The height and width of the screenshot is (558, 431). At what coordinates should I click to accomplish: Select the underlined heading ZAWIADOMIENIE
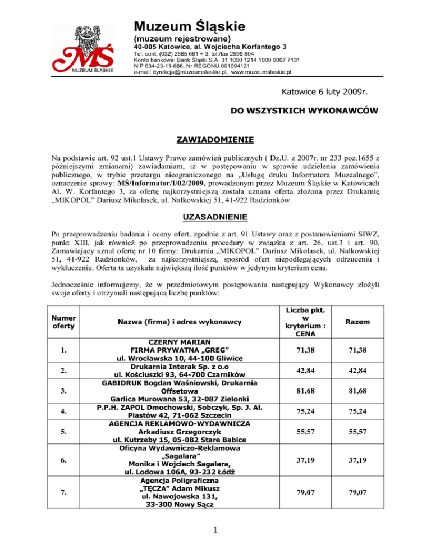[x=215, y=139]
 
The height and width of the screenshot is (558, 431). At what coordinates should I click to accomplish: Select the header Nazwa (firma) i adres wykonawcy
[x=184, y=323]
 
